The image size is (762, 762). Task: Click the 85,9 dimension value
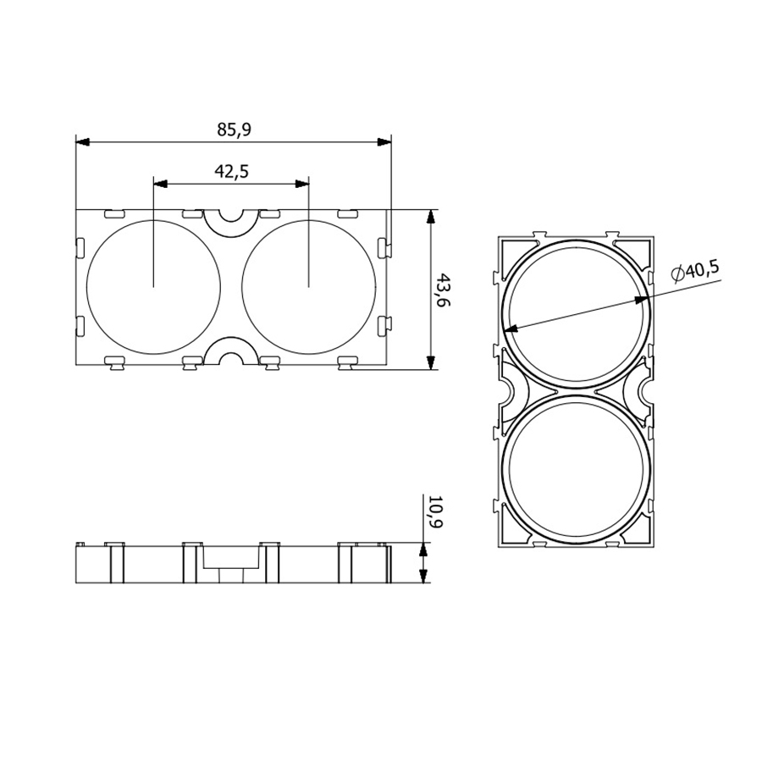tap(234, 130)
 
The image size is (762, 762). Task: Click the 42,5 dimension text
tap(231, 171)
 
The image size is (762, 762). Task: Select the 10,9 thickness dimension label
tap(435, 511)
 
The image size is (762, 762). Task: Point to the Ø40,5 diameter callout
tap(695, 270)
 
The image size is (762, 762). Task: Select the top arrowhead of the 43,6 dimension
tap(431, 217)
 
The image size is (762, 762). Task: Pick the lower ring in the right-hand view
tap(577, 471)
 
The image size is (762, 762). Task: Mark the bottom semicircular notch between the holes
tap(231, 355)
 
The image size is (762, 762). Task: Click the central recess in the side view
tap(230, 559)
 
